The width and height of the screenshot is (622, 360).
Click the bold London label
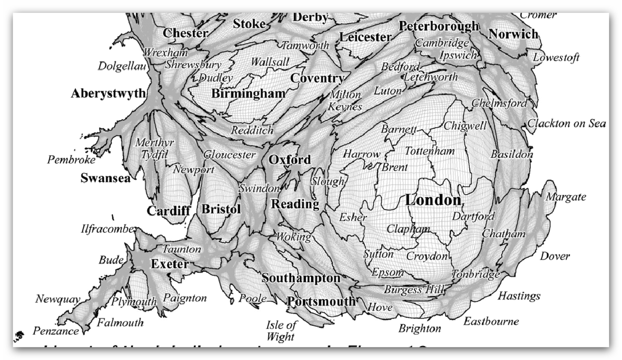[433, 200]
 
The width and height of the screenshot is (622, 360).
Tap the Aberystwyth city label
[108, 93]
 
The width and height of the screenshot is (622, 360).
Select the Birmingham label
[248, 94]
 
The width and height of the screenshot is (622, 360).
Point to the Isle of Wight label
[281, 331]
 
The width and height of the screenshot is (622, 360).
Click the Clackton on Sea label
[566, 123]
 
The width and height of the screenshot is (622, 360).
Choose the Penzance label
[56, 331]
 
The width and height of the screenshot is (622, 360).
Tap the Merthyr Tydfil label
[155, 148]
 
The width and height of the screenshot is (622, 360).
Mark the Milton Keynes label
[345, 101]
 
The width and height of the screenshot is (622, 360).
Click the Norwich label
[513, 34]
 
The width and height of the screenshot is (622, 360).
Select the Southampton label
[301, 278]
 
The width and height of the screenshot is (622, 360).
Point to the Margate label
[566, 197]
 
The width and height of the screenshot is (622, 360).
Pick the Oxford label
[289, 160]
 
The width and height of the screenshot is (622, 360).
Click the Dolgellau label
[122, 66]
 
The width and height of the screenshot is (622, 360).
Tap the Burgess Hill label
[414, 290]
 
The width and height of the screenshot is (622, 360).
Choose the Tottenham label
[429, 151]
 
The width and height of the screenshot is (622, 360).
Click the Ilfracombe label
[108, 229]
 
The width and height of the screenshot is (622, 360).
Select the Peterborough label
[439, 26]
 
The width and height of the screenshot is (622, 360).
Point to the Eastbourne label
[491, 321]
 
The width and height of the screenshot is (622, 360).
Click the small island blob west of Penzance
[19, 334]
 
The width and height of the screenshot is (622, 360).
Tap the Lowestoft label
[556, 57]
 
